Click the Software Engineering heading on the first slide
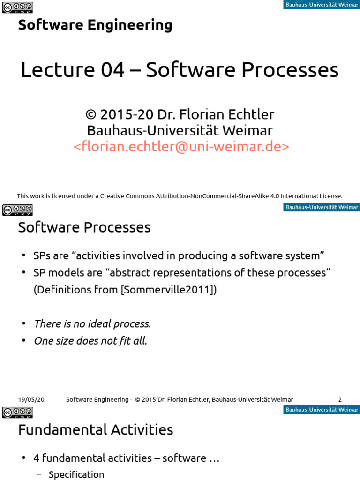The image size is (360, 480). click(95, 25)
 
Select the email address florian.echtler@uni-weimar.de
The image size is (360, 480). click(181, 147)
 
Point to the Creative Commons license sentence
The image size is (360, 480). click(180, 196)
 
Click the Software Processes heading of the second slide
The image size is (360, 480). click(84, 227)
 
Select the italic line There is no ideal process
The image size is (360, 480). click(92, 324)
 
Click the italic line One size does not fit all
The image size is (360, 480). click(90, 341)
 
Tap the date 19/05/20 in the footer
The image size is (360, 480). click(31, 399)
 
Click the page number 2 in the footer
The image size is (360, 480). click(340, 399)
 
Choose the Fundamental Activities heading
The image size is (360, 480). click(96, 429)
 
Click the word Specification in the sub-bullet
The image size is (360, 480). click(76, 474)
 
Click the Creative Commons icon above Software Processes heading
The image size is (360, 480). click(17, 210)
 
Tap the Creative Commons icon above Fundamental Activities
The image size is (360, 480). click(17, 412)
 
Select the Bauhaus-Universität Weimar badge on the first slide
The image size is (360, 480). click(322, 5)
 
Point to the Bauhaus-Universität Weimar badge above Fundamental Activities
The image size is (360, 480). click(322, 410)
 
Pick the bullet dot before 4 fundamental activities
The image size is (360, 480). click(24, 458)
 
